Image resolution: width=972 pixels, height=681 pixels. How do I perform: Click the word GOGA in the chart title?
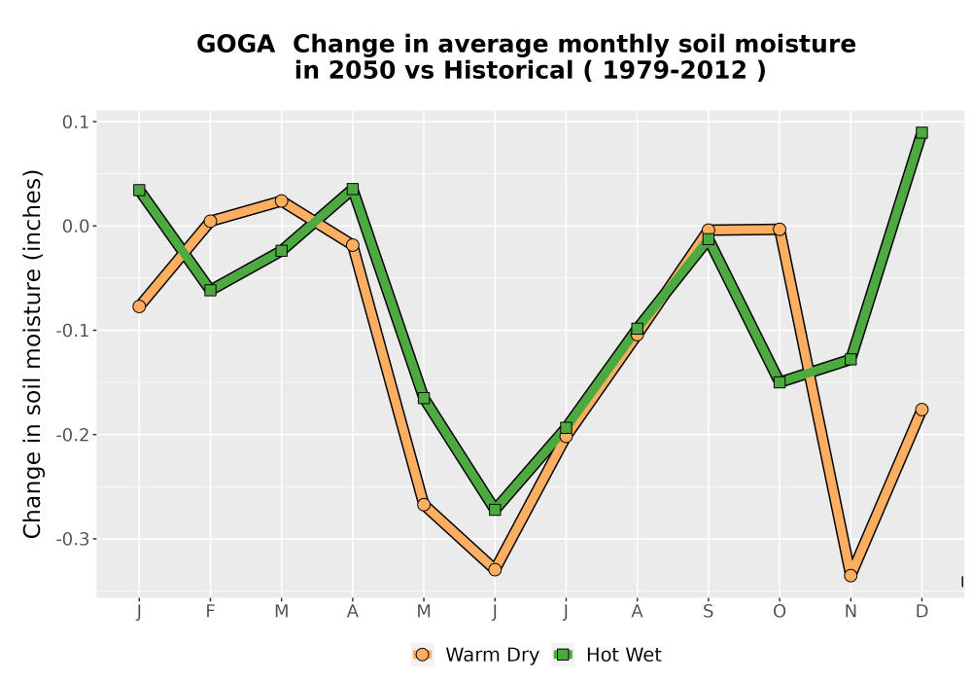coord(235,44)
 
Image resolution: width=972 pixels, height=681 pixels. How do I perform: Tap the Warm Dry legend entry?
coord(475,655)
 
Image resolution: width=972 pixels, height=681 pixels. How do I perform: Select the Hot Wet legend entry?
coord(607,655)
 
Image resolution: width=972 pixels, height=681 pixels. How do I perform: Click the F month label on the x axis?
coord(210,612)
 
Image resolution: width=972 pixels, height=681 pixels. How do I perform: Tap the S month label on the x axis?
coord(708,612)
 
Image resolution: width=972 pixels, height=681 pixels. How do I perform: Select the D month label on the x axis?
coord(921,612)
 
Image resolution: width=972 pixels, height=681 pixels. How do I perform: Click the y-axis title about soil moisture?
coord(32,353)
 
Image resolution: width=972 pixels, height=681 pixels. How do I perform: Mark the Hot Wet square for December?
coord(921,132)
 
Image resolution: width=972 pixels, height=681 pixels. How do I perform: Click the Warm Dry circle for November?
coord(850,576)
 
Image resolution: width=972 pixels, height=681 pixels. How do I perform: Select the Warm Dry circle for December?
coord(921,410)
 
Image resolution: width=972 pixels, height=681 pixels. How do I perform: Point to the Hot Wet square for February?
coord(210,290)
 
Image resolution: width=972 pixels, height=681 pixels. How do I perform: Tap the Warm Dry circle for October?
coord(780,230)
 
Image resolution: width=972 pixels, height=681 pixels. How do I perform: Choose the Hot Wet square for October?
coord(780,382)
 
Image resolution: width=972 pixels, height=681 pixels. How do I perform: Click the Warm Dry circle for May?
coord(424,504)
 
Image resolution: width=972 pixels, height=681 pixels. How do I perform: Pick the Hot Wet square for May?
coord(424,398)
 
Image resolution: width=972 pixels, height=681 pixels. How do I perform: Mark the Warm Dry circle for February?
coord(210,221)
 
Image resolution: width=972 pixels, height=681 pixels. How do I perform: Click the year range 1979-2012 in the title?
coord(675,70)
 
